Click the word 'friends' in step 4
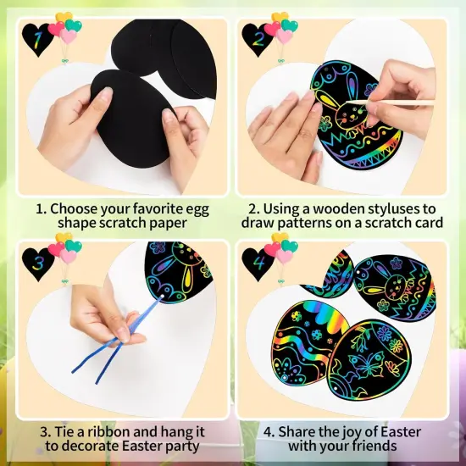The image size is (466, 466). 374,445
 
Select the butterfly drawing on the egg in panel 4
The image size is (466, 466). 363,366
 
